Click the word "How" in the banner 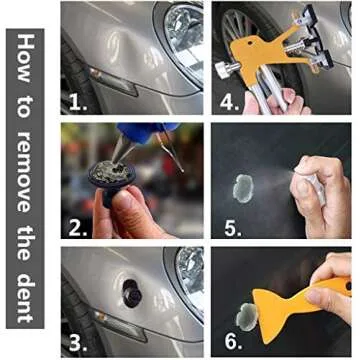[27, 57]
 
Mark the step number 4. [229, 101]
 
